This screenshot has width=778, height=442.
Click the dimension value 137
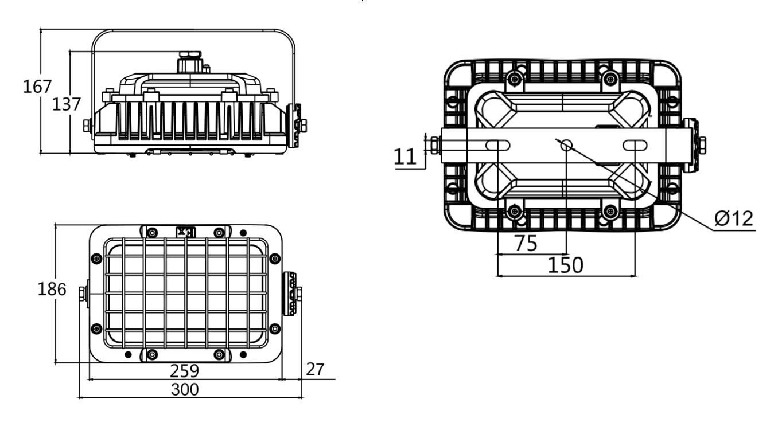click(66, 104)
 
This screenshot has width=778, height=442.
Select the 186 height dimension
click(52, 290)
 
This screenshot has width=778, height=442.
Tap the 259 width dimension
click(185, 371)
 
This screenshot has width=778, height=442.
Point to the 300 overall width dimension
click(185, 390)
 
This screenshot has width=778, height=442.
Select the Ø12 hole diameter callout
click(734, 218)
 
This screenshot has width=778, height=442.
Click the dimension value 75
click(526, 243)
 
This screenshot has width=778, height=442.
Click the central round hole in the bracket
click(566, 145)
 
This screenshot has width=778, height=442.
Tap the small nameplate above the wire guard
click(185, 232)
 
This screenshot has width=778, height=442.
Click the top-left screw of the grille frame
click(152, 232)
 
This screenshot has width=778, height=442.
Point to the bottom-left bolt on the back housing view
click(515, 210)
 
